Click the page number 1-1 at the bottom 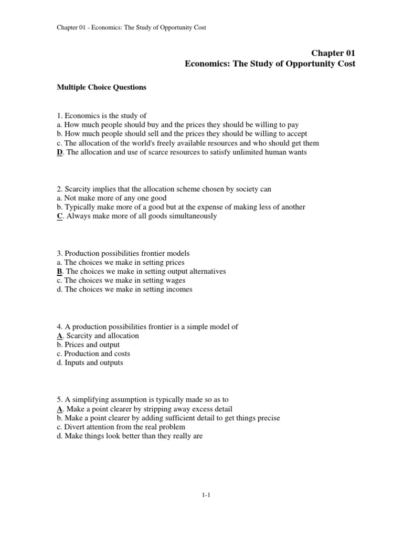point(205,494)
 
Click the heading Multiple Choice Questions point(101,87)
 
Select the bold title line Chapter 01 point(333,53)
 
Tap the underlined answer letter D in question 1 point(59,152)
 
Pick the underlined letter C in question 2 point(59,216)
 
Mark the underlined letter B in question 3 point(59,271)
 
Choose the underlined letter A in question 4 point(59,335)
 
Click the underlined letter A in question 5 point(59,409)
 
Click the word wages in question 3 point(175,280)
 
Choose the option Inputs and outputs point(93,363)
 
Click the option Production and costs point(98,354)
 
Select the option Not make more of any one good point(115,198)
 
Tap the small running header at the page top point(131,27)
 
